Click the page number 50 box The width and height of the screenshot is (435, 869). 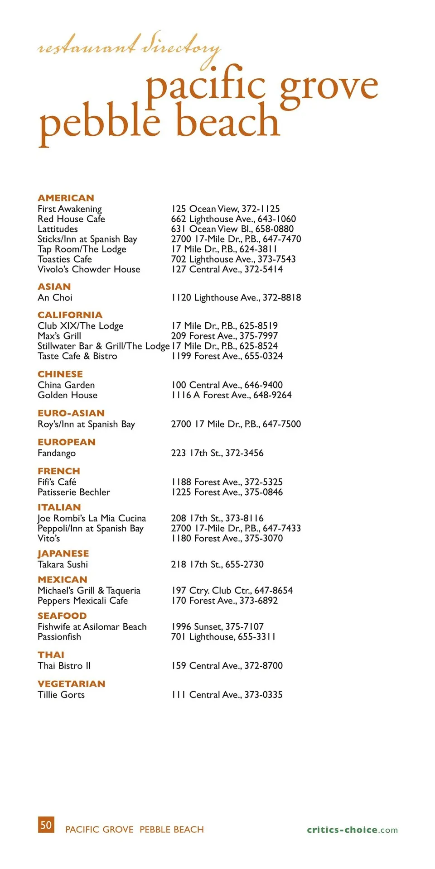[x=46, y=825]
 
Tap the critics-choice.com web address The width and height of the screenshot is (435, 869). [x=352, y=830]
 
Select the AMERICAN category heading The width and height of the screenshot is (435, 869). [x=66, y=198]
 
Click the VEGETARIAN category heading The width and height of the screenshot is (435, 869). [x=72, y=683]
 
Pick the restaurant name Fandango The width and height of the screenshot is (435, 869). [x=57, y=453]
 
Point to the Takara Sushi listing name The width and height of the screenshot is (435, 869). [x=63, y=564]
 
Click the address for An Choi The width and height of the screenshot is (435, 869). [x=236, y=297]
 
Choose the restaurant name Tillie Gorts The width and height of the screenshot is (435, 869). [x=61, y=695]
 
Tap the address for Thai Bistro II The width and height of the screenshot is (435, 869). [x=227, y=666]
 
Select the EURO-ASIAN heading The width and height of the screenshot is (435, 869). [x=71, y=413]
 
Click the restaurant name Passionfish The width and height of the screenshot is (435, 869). [x=59, y=637]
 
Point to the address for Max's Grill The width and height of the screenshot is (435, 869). [x=224, y=336]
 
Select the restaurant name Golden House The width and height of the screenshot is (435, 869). [x=68, y=395]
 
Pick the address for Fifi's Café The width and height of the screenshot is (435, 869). [x=227, y=482]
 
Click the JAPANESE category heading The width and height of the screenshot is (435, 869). [x=63, y=554]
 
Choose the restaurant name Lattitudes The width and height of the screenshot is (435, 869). [x=58, y=229]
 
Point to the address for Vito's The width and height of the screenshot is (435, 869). [x=227, y=538]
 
